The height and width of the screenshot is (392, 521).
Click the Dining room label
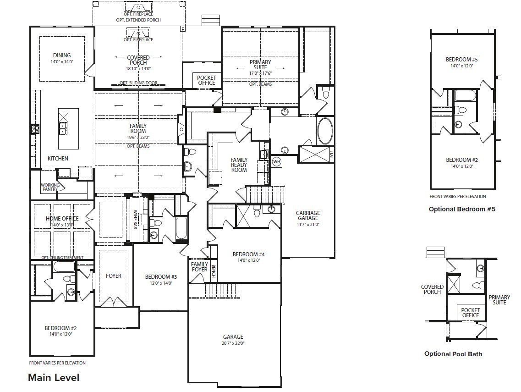62,55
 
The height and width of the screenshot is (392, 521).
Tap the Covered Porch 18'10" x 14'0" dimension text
138,68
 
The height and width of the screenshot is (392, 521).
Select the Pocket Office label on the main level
207,80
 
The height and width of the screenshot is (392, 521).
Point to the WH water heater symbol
276,161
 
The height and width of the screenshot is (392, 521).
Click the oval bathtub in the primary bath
326,131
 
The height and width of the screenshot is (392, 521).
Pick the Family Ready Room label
239,165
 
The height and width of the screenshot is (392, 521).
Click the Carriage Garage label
307,216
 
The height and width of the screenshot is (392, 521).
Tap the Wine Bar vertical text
136,220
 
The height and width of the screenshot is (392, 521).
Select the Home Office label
62,219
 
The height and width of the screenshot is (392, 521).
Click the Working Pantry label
50,187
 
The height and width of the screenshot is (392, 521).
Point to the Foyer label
114,276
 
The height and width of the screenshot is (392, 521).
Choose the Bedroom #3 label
161,276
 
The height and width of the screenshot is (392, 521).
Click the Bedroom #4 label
248,254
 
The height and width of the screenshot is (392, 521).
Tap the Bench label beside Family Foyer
213,272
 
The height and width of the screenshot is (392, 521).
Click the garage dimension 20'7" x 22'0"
233,343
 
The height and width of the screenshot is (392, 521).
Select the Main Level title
54,377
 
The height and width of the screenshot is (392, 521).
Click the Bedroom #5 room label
461,60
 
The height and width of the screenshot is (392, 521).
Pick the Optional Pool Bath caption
453,353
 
